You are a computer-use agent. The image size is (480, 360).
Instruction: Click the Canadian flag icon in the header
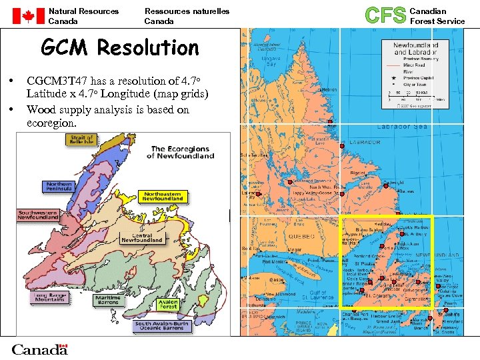coord(28,16)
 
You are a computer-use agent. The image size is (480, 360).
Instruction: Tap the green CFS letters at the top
coord(386,15)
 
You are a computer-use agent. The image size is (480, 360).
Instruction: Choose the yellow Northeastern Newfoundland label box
coord(163,197)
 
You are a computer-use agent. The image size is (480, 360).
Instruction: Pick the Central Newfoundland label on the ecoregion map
coord(142,238)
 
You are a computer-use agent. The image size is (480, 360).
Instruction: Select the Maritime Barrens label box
coord(107,300)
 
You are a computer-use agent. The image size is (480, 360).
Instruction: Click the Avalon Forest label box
coord(169,305)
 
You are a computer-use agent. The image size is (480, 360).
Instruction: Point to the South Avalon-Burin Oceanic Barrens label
coord(163,327)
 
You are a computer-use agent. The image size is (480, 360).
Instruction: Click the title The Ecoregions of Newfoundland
coord(183,152)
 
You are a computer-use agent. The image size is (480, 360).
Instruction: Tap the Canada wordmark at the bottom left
coord(39,349)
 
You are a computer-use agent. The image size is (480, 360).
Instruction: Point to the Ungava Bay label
coord(271,61)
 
